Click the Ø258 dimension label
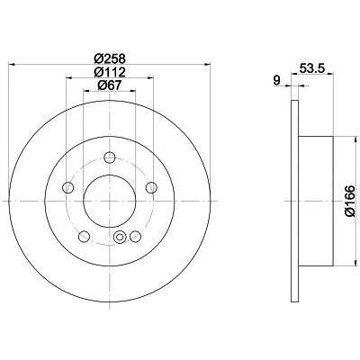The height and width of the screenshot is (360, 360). point(110,58)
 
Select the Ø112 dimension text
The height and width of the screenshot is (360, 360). point(110,72)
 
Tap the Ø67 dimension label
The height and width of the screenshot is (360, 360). point(110,85)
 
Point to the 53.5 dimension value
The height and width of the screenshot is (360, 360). point(311,68)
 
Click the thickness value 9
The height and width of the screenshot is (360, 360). point(277,80)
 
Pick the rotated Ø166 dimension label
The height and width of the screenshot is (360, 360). point(350,201)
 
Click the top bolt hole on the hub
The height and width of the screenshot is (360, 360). point(110,157)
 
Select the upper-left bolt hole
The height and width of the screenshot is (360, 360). point(67,187)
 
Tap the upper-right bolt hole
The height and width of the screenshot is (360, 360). point(151,187)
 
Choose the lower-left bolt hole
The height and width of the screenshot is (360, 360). point(84,237)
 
